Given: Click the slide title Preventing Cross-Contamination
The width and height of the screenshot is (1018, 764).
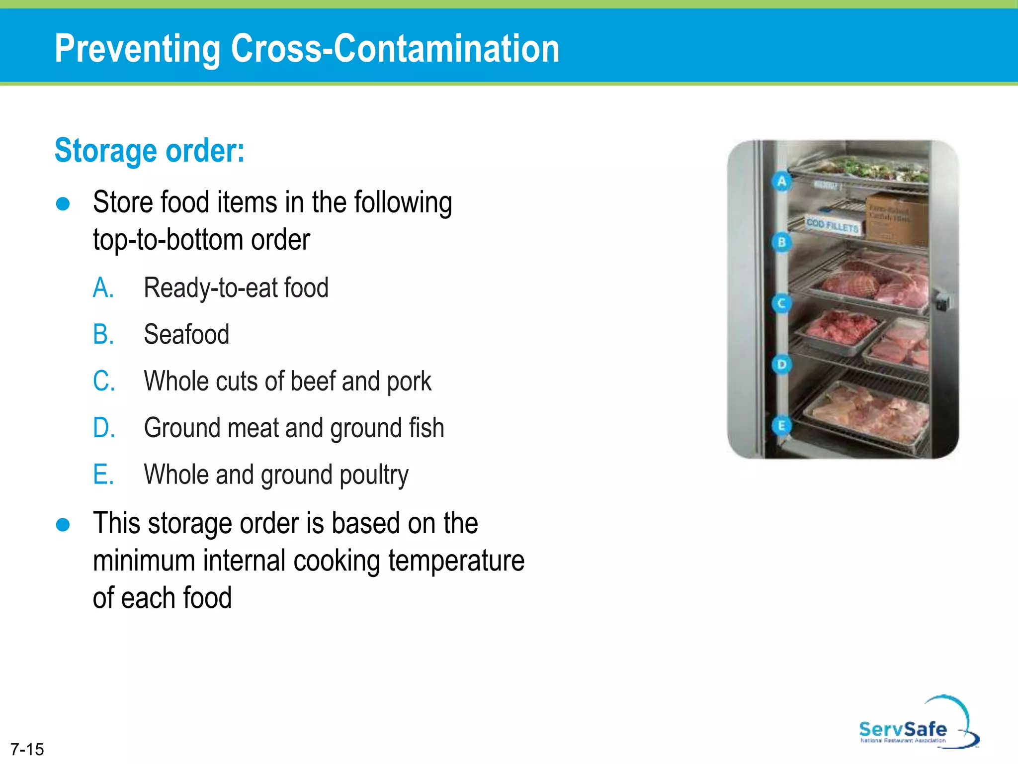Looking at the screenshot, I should pos(307,48).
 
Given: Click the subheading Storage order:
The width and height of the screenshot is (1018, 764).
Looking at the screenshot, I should pos(149,150).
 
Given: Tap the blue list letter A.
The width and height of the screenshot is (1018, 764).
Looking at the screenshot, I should pos(103,288).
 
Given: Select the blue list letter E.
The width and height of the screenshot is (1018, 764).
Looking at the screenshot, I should pos(103,475).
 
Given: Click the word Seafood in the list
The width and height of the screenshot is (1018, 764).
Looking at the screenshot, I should pos(186,334).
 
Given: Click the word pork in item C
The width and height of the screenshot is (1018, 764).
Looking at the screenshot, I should pos(409,382).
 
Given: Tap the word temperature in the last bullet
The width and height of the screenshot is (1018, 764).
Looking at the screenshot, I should pos(456,561).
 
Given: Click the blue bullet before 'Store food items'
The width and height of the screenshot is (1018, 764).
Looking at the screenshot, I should pos(63,204).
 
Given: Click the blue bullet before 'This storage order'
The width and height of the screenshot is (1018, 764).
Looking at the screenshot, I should pos(63,525).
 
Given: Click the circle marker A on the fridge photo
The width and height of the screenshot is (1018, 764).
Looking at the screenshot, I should pos(782,182).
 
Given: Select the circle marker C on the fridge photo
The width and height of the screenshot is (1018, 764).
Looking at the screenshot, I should pos(782,303).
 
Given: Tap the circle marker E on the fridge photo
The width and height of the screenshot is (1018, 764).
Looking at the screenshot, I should pos(782,426).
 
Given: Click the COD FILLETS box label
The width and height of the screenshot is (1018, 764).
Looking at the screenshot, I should pos(832,225).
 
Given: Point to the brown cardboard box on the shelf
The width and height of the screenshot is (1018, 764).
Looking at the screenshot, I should pos(898,219).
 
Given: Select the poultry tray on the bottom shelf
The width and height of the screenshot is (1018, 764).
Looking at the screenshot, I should pos(868,413).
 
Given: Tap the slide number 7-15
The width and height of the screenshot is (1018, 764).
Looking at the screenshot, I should pos(27,749).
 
